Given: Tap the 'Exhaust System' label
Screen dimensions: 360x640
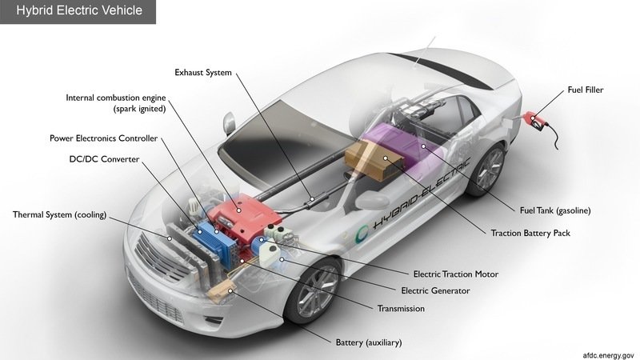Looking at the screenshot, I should tap(203, 73).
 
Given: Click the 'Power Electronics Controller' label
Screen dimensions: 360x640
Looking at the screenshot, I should tap(103, 138).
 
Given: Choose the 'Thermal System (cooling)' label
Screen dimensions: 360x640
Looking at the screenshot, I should tap(60, 214).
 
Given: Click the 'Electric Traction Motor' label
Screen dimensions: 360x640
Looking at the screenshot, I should tap(455, 274).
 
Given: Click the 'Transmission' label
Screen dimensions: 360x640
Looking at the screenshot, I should tap(401, 308).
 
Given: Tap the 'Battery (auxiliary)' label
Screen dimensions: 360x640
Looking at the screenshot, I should tap(368, 342).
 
